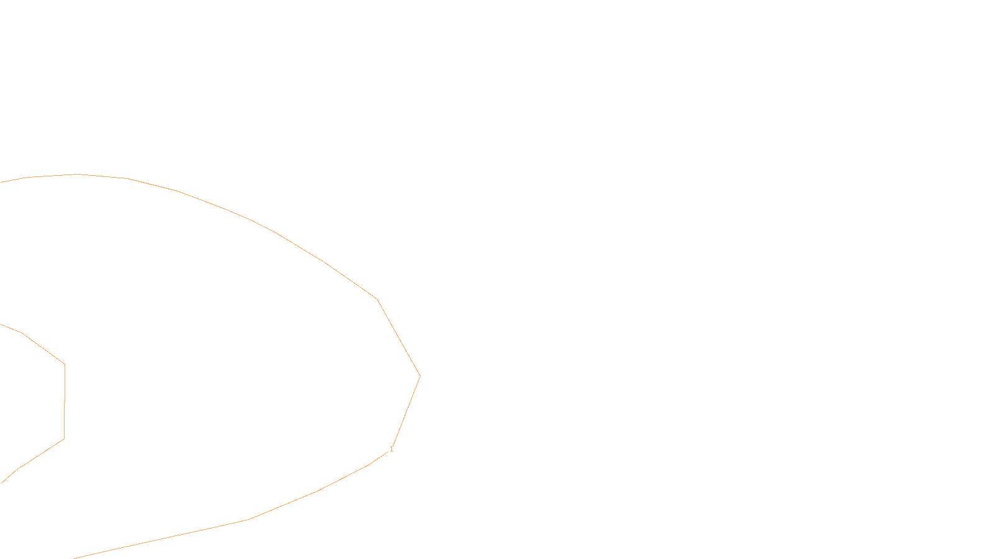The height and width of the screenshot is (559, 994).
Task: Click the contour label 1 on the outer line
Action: point(391,449)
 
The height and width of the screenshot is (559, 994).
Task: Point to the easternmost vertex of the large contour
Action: point(420,376)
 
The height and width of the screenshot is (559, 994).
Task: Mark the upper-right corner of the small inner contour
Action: point(65,364)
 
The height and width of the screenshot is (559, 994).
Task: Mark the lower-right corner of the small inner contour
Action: point(64,439)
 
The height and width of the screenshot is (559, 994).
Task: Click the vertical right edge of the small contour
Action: point(65,401)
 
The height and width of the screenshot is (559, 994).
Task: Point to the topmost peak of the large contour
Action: point(78,174)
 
